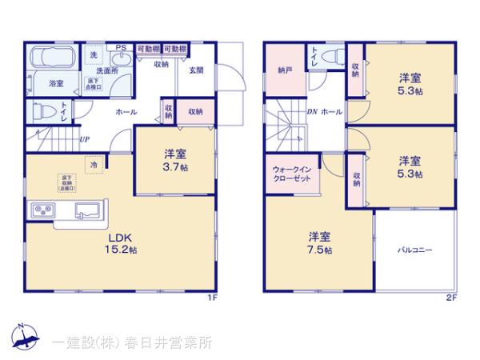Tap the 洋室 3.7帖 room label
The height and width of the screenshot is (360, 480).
[176, 160]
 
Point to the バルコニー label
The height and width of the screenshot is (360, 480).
[416, 250]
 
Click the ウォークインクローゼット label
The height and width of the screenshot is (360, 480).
[292, 174]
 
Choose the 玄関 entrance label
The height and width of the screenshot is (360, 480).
[196, 70]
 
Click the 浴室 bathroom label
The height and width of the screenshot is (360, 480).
[56, 83]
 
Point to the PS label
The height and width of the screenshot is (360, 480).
[122, 48]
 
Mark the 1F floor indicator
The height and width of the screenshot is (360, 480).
[212, 298]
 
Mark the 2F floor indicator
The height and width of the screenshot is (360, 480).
[450, 298]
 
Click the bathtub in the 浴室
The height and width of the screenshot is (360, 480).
[51, 61]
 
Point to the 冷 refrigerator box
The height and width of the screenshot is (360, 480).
[94, 165]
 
